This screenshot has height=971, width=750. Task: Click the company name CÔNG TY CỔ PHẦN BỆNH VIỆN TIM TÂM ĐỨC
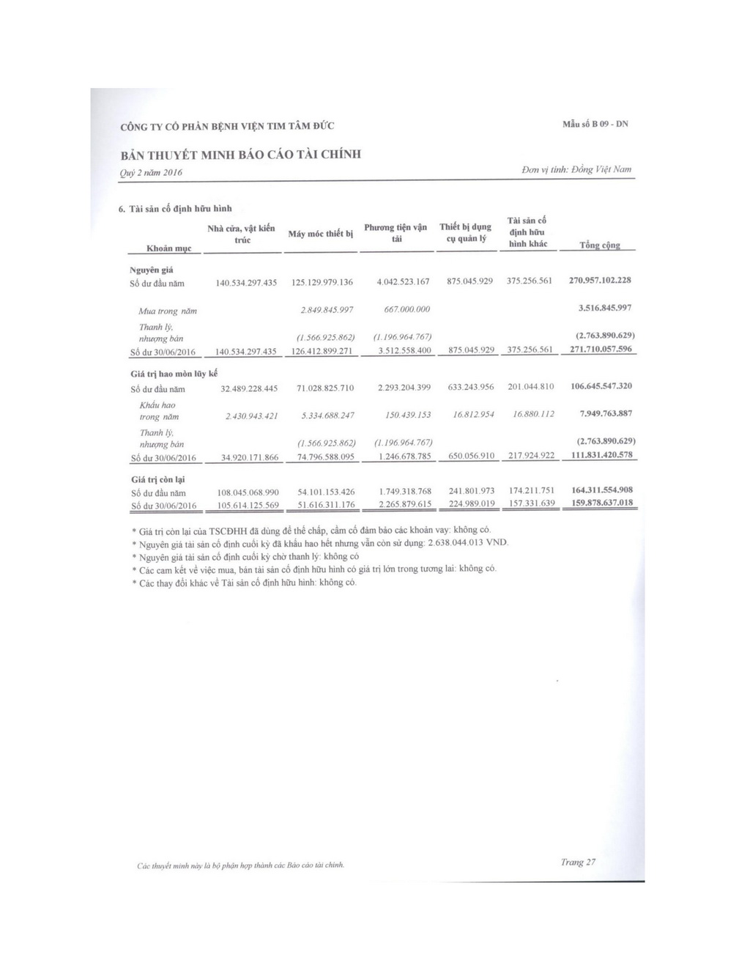tap(227, 126)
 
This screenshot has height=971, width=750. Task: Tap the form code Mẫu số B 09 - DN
tap(594, 124)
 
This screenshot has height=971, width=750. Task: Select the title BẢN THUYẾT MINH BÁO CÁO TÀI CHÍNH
tap(240, 155)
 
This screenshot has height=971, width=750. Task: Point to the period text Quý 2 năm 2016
tap(151, 172)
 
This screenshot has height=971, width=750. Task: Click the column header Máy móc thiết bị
tap(321, 234)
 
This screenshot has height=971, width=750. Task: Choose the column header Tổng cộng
tap(600, 245)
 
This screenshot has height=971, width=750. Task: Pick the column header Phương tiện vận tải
tap(396, 233)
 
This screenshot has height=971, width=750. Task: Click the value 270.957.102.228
tap(600, 280)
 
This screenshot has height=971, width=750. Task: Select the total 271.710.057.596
tap(600, 349)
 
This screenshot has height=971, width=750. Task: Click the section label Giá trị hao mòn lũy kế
tap(174, 374)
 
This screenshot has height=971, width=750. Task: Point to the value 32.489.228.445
tap(249, 388)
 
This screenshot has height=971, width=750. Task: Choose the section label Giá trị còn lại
tap(157, 479)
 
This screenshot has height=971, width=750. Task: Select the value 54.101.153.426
tap(326, 491)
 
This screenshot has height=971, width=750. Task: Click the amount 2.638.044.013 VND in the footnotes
tap(466, 542)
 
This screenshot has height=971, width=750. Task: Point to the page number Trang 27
tap(578, 862)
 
